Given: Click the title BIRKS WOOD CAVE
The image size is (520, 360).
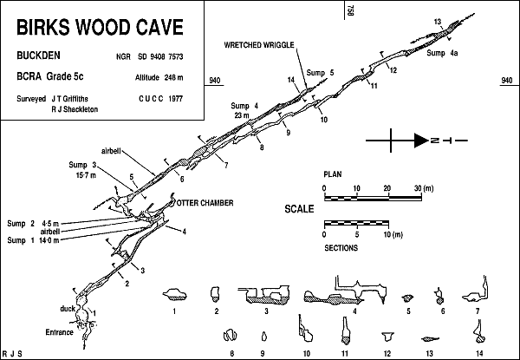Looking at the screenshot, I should pos(100,26).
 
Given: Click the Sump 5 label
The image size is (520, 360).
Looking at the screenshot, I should pos(320,73).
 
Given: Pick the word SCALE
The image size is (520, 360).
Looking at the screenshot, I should pos(299,209).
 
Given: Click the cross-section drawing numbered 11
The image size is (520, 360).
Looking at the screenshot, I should pos(344,331).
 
